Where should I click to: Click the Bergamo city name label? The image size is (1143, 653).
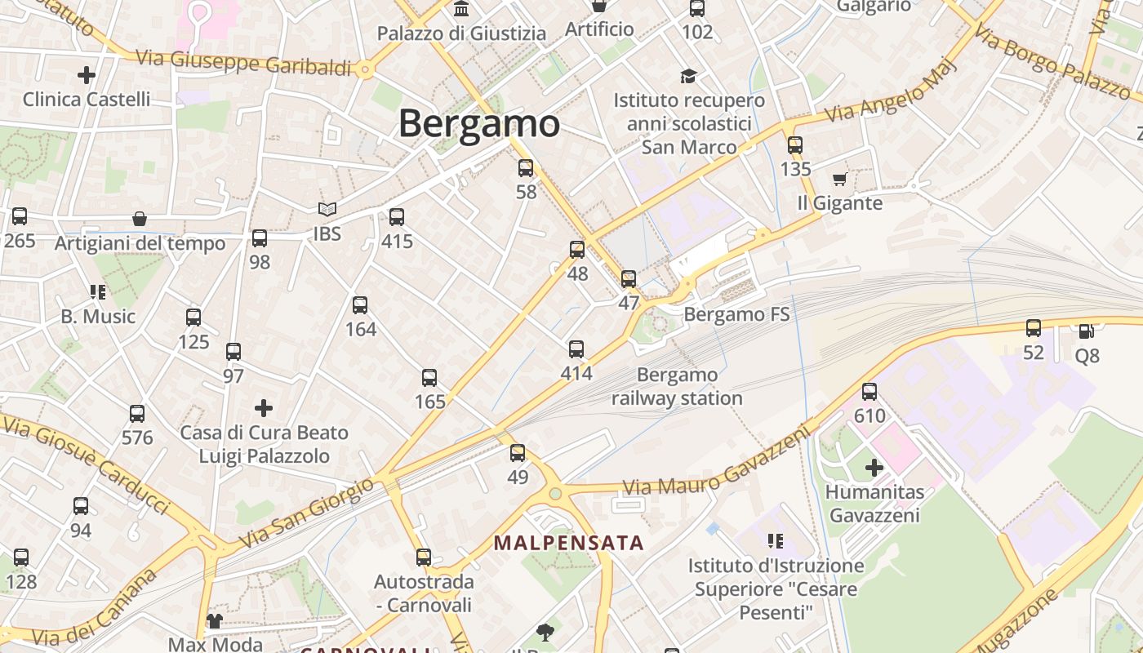pos(479,124)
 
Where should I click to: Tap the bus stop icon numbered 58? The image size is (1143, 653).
pos(526,168)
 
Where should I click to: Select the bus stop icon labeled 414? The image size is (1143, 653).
pos(576,349)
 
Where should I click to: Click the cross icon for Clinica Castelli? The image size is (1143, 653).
pos(87,75)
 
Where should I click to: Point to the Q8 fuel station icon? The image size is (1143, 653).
pos(1087,331)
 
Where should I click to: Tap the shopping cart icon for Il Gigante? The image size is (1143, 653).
pos(839,179)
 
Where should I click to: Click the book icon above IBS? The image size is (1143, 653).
pos(327,210)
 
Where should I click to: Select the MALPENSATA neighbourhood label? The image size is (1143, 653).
pos(569,543)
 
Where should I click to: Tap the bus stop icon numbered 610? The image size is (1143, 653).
pos(869,391)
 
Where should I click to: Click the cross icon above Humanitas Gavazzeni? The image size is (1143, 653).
pos(874,468)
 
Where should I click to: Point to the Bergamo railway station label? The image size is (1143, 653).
pos(677,387)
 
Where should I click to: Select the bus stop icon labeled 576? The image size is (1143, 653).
pos(137,413)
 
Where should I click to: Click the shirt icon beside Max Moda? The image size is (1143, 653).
pos(215,621)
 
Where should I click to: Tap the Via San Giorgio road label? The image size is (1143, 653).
pos(306,515)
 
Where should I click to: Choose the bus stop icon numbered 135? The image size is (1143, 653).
pos(795,145)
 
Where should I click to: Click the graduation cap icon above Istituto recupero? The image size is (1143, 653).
pos(689,76)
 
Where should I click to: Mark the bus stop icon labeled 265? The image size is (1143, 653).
pos(20,216)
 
